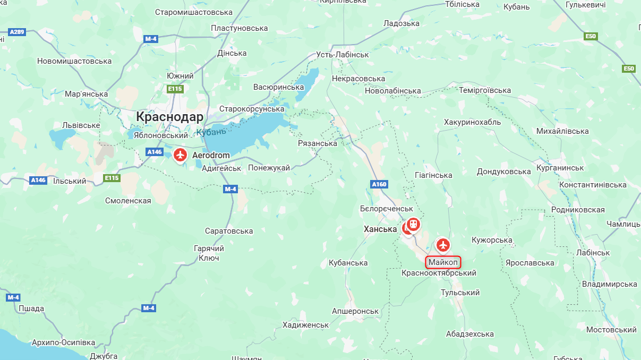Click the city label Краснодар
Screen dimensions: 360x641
click(x=169, y=117)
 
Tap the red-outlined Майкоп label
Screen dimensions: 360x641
click(x=443, y=262)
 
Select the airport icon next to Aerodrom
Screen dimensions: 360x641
click(x=181, y=155)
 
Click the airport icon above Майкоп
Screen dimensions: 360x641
click(x=443, y=245)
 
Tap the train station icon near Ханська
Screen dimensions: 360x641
click(x=413, y=225)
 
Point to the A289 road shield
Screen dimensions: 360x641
click(x=17, y=32)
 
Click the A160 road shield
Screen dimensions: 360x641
click(x=379, y=184)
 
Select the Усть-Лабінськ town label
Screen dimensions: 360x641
click(x=342, y=55)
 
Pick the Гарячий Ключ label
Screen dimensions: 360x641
click(x=209, y=253)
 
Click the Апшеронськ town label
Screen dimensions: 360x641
click(x=355, y=311)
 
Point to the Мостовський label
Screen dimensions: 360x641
click(x=611, y=330)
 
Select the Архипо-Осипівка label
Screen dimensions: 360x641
click(x=63, y=342)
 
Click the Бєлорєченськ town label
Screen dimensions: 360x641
click(x=386, y=209)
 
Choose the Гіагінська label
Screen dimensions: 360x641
click(x=433, y=175)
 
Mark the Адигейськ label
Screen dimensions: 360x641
click(x=222, y=168)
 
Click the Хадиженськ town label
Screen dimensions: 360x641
click(x=306, y=324)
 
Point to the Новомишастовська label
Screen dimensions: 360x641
click(x=74, y=61)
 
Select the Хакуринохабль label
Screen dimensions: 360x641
click(x=472, y=122)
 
